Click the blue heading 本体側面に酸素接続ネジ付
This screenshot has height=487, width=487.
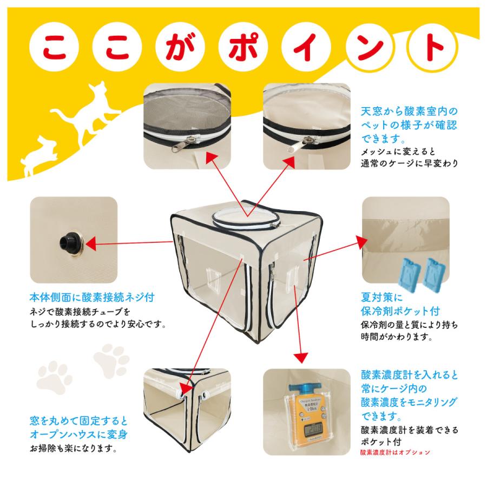click(92, 298)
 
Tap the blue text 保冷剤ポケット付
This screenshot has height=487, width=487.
click(400, 311)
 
